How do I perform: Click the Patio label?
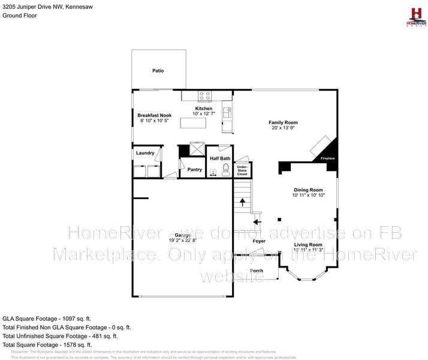[158, 71]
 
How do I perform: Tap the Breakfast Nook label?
[155, 115]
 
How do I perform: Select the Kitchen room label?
[203, 109]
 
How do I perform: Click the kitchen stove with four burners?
[205, 95]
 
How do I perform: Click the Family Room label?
[283, 122]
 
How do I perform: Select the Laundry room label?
[145, 153]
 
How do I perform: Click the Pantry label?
[195, 170]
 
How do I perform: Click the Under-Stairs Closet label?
[242, 170]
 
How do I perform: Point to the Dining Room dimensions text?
[308, 195]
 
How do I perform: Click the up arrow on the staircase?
[242, 203]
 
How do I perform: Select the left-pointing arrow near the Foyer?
[257, 221]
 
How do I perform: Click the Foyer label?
[259, 241]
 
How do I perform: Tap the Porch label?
[257, 271]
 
